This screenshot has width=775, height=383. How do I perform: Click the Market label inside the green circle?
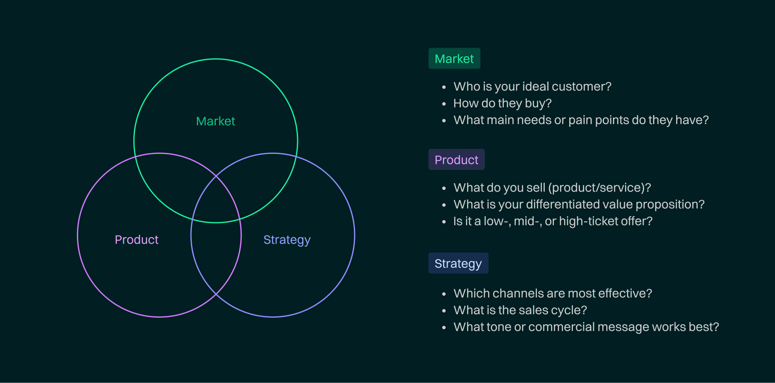215,121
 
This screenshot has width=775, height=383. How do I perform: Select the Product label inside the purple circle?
136,240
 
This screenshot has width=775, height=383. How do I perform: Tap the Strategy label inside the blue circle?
287,240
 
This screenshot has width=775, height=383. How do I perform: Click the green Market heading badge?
454,59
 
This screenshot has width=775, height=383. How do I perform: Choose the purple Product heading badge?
456,160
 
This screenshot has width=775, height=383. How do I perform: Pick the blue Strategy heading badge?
458,263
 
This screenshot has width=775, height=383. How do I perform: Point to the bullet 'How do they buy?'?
502,103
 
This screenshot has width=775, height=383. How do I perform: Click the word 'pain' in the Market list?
580,120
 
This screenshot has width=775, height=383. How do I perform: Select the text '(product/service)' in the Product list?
599,188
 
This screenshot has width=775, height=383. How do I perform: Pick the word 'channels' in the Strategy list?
518,293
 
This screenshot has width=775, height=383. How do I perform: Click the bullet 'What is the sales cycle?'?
520,310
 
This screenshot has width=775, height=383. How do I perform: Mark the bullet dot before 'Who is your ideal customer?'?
444,87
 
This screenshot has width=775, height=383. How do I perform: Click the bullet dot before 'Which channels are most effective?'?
444,294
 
